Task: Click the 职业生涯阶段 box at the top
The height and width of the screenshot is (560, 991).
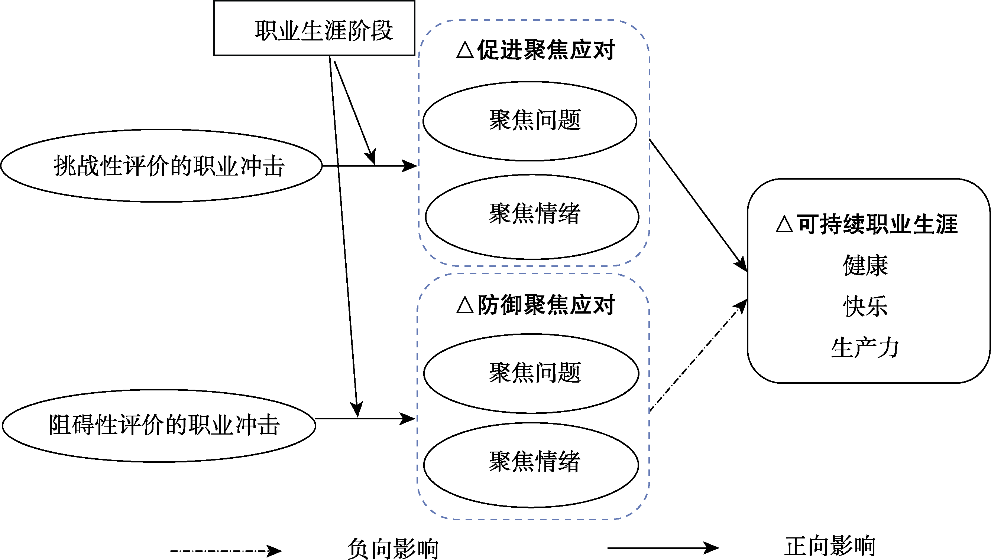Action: coord(314,29)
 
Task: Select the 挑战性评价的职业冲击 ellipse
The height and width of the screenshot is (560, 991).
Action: coord(162,166)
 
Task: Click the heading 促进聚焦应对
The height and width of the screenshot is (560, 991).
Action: coord(545,50)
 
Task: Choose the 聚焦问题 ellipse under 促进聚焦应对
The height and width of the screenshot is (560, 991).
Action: coord(530,121)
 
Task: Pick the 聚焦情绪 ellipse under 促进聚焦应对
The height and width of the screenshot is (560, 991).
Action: coord(532,216)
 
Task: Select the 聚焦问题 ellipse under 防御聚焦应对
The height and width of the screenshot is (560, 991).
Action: coord(531,373)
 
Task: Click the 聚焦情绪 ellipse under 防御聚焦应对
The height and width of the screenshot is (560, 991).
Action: coord(531,465)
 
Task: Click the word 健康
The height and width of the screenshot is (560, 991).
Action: coord(865,265)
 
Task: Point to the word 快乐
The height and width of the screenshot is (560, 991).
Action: coord(865,307)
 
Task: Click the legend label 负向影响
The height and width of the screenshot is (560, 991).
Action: coord(393,549)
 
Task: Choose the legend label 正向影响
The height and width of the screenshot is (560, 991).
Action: coord(830,546)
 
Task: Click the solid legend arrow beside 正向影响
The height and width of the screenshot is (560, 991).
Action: coord(663,548)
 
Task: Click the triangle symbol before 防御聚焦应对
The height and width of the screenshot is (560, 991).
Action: coord(465,305)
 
